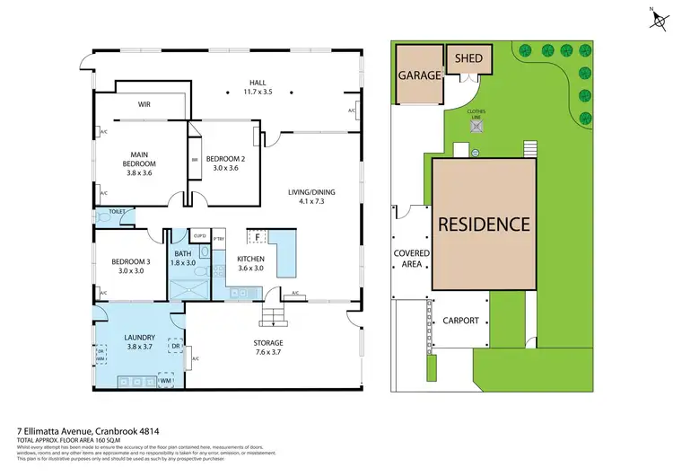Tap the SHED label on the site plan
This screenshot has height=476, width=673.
point(468,59)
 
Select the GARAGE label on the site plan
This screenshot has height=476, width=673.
point(420,76)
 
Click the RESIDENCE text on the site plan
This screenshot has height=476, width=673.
point(485,224)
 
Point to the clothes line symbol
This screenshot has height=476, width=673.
point(475,127)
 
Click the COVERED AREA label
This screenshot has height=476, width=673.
point(412,259)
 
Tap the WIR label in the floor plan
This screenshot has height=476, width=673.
point(144,104)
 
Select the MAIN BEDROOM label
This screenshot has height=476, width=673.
point(140,158)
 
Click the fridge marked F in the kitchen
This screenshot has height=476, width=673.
point(258,238)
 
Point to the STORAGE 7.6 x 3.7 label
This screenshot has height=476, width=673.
point(267,348)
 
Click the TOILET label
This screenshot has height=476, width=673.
point(116,213)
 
